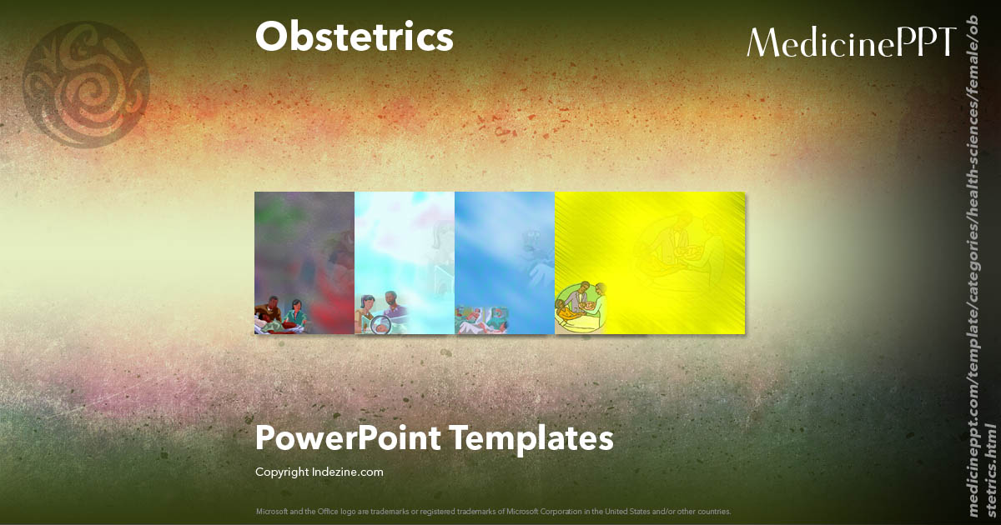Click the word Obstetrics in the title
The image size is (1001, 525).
pos(355,37)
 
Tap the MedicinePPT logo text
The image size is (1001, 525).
pos(851,42)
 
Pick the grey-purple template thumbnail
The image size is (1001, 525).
pos(304,262)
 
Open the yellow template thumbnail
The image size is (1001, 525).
pos(650,262)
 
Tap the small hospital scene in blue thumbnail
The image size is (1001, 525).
pos(480,319)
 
